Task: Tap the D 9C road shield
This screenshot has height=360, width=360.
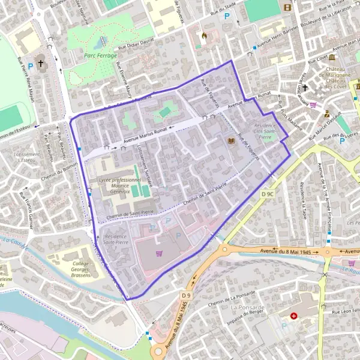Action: [x=268, y=194]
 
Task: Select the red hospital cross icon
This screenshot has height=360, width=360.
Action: [x=293, y=316]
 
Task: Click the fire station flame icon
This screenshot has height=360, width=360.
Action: [x=205, y=35]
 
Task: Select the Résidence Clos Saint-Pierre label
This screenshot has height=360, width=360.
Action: [x=265, y=130]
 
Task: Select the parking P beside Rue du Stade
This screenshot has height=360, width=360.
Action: [x=227, y=17]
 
